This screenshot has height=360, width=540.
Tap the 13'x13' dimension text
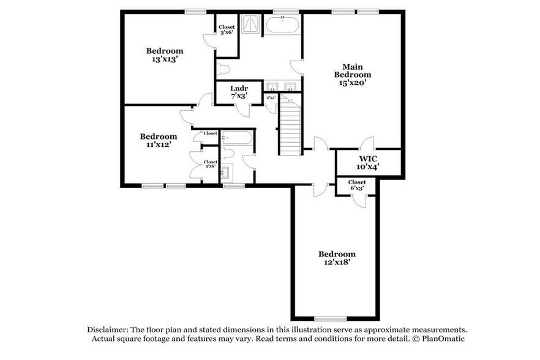click(x=164, y=59)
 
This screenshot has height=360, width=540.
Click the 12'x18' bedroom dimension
click(x=336, y=262)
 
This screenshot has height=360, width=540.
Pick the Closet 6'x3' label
click(x=357, y=185)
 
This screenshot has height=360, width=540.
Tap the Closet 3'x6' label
click(x=227, y=30)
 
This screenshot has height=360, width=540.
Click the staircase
click(x=291, y=129)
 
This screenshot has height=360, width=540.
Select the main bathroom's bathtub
click(x=282, y=26)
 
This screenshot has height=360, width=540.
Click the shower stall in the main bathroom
click(x=251, y=25)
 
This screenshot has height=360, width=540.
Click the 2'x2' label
click(x=270, y=97)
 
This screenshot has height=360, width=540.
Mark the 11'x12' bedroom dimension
click(x=158, y=145)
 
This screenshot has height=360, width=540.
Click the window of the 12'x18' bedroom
click(x=331, y=318)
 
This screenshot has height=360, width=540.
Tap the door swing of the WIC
click(x=368, y=144)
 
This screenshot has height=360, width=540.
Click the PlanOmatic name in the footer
click(x=442, y=339)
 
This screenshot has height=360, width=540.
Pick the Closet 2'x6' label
click(x=211, y=165)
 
